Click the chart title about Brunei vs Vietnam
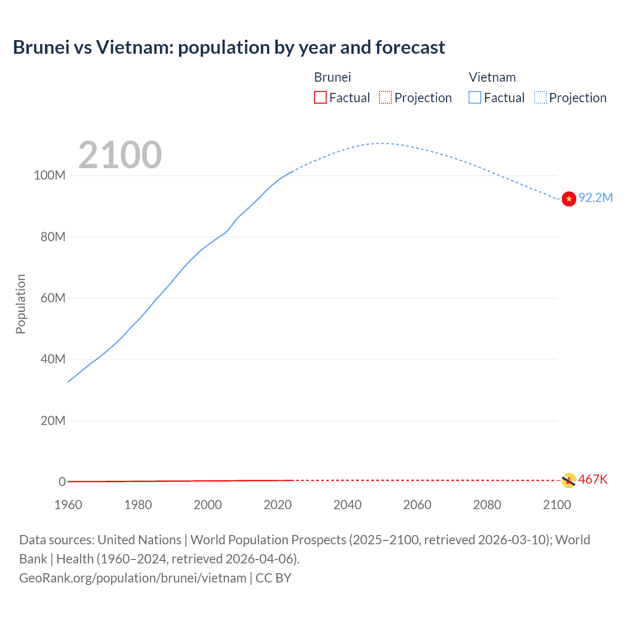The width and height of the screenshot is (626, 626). pos(229,47)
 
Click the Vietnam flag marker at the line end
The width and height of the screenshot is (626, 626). pos(569,199)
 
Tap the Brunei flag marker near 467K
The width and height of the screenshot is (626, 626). pos(568,480)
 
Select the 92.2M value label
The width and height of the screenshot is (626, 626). pos(596,198)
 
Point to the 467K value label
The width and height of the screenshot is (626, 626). pos(593,479)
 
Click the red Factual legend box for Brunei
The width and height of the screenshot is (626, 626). pos(320,98)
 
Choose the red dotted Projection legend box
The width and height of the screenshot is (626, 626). pos(385,98)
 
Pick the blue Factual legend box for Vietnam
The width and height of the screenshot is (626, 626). pos(475,98)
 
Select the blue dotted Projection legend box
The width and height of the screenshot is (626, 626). pos(540,98)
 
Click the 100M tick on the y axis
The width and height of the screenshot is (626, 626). pos(49,176)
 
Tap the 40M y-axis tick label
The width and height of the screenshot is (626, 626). pos(53,359)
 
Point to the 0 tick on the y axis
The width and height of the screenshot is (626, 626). pos(62,482)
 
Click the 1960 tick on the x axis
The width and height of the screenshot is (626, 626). pos(68,505)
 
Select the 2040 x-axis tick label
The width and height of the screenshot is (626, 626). pos(347,505)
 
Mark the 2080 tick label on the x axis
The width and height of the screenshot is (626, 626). pos(487,505)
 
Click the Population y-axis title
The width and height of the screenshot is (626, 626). pos(21,304)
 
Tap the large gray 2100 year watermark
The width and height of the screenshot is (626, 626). pos(120,155)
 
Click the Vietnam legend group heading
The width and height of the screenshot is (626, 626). pos(492,77)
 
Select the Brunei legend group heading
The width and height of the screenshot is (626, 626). pos(333,77)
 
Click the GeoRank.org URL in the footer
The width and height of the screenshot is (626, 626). pos(133,578)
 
